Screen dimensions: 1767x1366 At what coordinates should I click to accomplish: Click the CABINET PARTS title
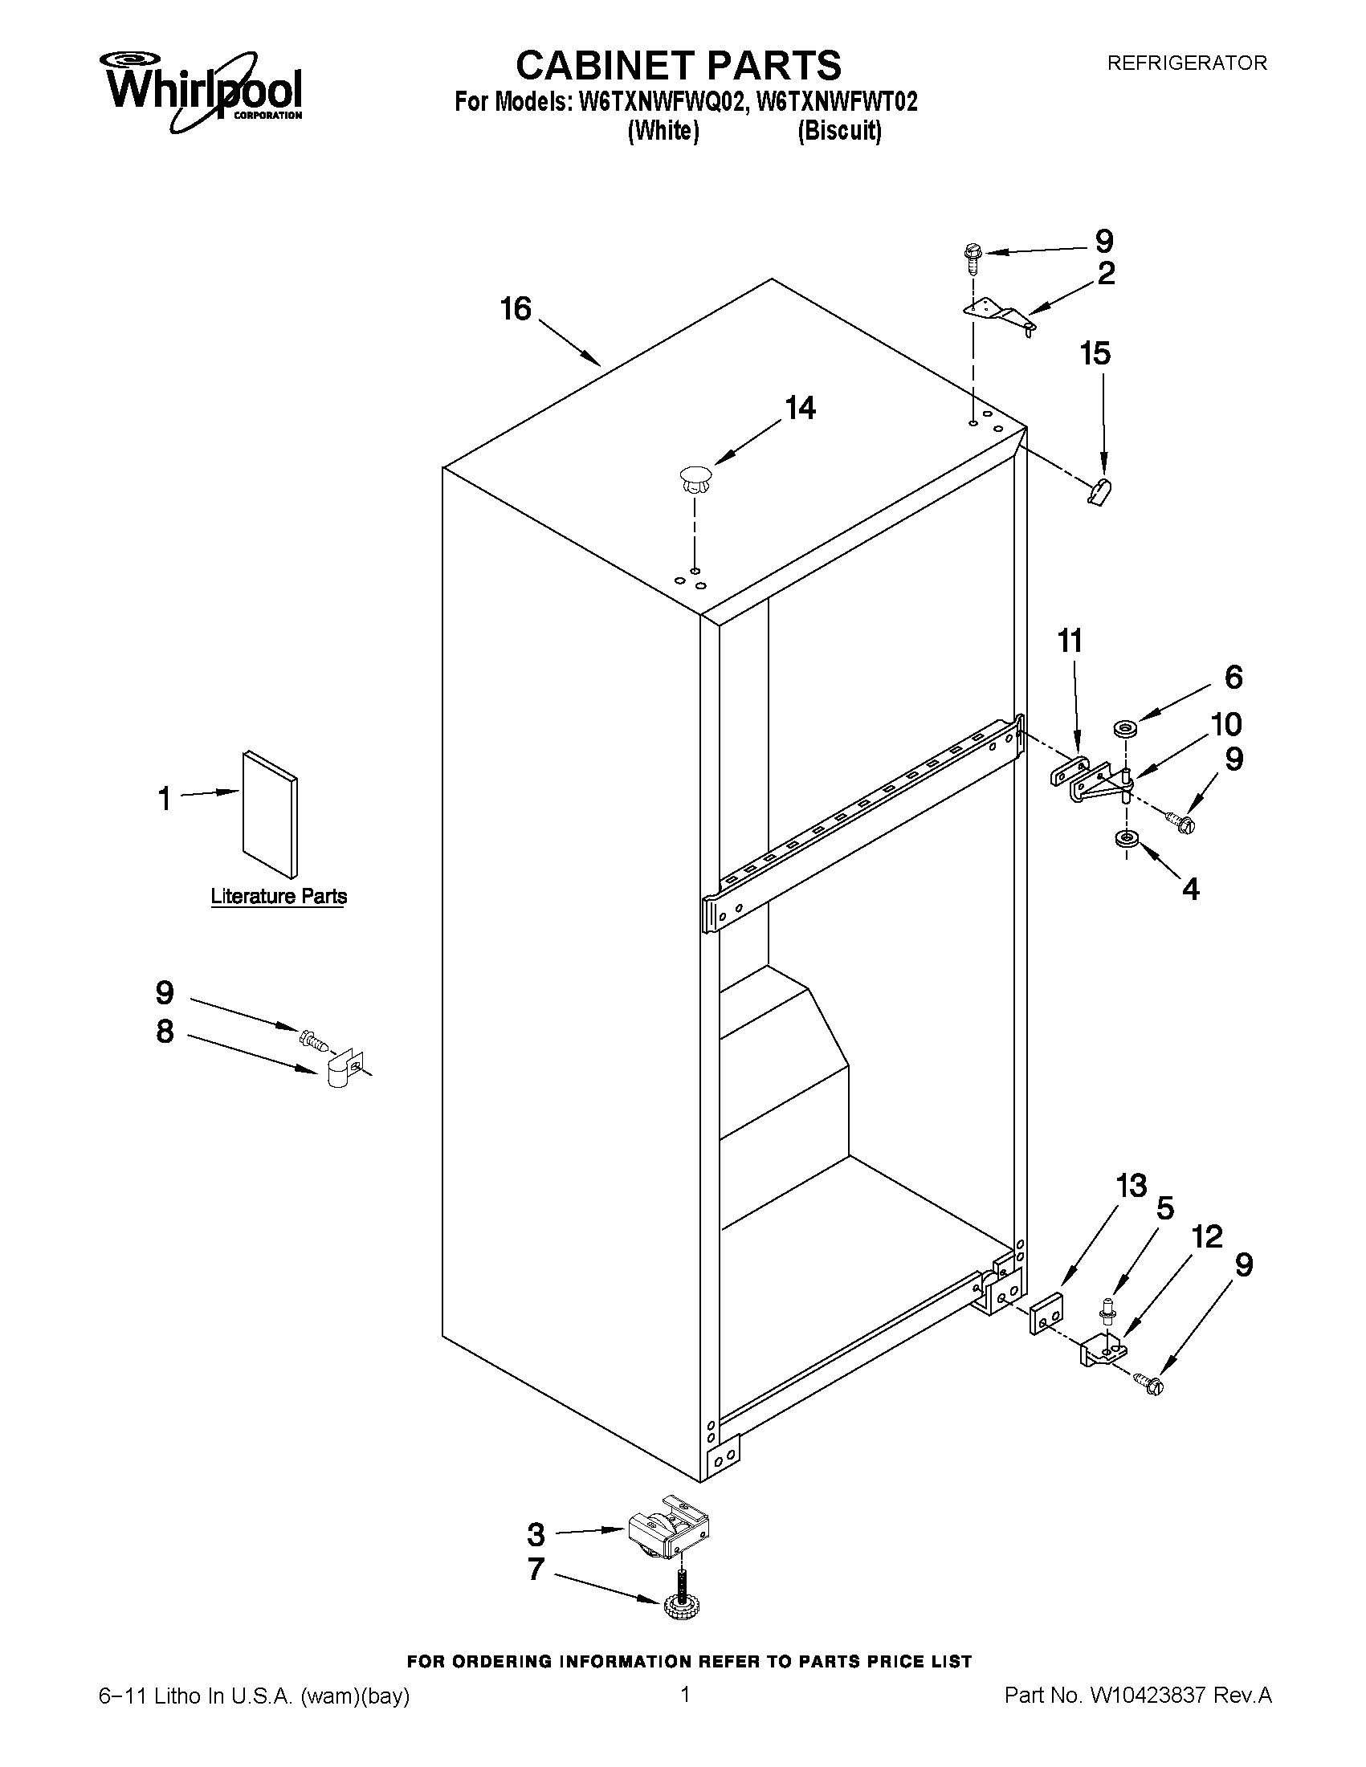[678, 65]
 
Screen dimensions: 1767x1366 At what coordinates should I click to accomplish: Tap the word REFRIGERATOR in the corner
[1186, 63]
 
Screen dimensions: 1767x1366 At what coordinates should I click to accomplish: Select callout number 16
[516, 308]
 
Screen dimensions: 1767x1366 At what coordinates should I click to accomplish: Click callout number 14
[800, 408]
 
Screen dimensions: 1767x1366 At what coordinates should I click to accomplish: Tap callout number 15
[1095, 353]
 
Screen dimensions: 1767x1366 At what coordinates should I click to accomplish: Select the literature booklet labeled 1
[270, 814]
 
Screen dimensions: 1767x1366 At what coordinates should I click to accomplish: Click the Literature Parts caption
[279, 897]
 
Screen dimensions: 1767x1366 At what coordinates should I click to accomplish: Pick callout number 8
[165, 1032]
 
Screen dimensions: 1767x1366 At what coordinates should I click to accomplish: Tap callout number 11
[1070, 641]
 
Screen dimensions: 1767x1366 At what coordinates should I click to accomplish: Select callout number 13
[1132, 1186]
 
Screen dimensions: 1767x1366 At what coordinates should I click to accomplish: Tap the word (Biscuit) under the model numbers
[839, 130]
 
